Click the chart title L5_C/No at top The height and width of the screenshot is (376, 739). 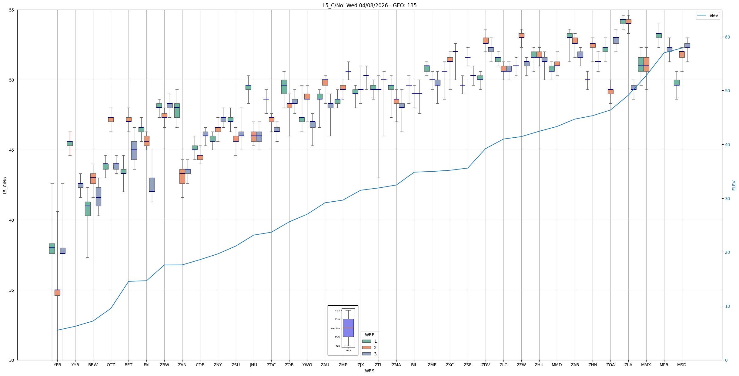(369, 5)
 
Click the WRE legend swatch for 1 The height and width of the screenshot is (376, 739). (366, 341)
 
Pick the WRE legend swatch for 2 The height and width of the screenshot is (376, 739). (366, 347)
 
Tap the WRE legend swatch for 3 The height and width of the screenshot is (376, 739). (366, 354)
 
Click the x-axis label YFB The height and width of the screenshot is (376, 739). (57, 365)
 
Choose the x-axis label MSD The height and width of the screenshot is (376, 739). (682, 365)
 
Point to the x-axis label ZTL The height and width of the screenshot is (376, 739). (378, 365)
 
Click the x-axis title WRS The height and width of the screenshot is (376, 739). (369, 371)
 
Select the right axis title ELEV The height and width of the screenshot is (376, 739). (734, 185)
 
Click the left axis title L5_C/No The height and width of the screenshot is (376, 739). (5, 185)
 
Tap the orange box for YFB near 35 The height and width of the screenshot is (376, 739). (57, 293)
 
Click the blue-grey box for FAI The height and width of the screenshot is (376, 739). (152, 185)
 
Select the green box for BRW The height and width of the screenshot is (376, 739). (88, 209)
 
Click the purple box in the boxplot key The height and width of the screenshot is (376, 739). (348, 328)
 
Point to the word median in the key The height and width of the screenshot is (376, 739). (335, 328)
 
